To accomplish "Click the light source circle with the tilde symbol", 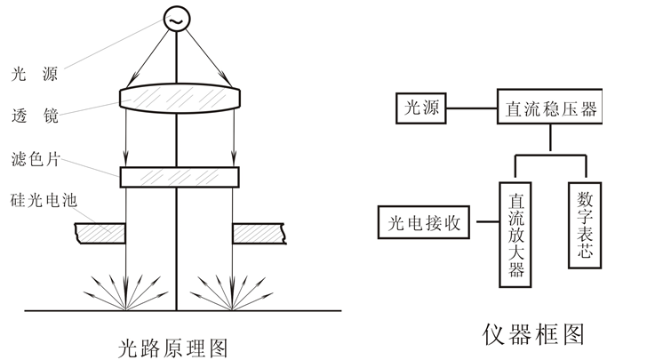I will pyautogui.click(x=177, y=19).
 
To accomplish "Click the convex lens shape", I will pyautogui.click(x=178, y=97).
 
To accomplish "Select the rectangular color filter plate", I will pyautogui.click(x=178, y=177).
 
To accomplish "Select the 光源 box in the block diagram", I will pyautogui.click(x=421, y=109).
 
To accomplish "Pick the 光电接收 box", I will pyautogui.click(x=424, y=221).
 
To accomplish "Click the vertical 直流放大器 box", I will pyautogui.click(x=515, y=232).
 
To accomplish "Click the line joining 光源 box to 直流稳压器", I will pyautogui.click(x=470, y=109).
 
